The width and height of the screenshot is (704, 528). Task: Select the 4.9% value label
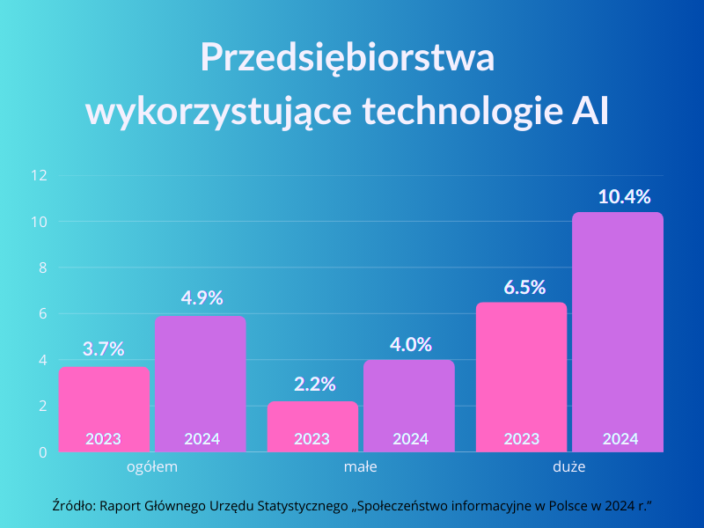(x=202, y=297)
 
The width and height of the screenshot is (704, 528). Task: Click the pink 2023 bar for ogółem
(x=104, y=409)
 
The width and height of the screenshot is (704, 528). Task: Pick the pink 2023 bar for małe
(x=312, y=427)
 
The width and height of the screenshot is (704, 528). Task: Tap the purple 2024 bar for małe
(x=409, y=406)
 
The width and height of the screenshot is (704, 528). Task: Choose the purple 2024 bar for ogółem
(x=200, y=384)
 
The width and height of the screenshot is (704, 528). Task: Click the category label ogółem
(x=152, y=467)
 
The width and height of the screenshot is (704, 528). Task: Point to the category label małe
(x=360, y=467)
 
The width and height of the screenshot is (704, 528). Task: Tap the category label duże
(x=569, y=467)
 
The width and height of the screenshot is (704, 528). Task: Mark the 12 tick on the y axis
(x=38, y=175)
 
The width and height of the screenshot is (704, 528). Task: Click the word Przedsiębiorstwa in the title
(x=348, y=59)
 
